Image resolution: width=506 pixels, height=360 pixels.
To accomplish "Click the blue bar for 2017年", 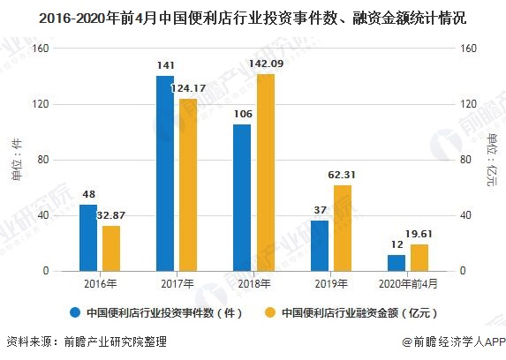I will click(x=165, y=173).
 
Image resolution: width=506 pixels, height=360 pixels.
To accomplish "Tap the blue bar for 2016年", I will click(x=88, y=237).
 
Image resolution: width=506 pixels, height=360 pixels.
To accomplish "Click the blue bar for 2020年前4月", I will click(x=396, y=263).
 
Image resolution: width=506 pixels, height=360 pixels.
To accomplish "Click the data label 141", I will click(x=165, y=65).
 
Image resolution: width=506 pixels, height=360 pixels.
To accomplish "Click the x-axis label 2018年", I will click(x=253, y=284).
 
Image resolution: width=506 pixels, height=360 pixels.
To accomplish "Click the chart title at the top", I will click(x=253, y=17).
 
